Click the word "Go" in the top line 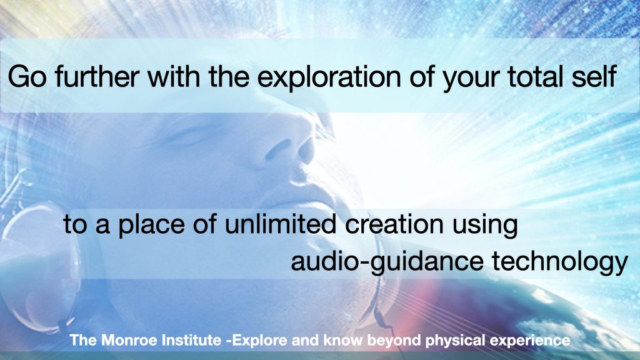tap(27, 76)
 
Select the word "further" tap(97, 76)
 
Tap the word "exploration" tap(329, 77)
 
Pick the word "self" tap(594, 76)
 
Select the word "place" tap(151, 224)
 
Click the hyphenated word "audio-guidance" tap(387, 262)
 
